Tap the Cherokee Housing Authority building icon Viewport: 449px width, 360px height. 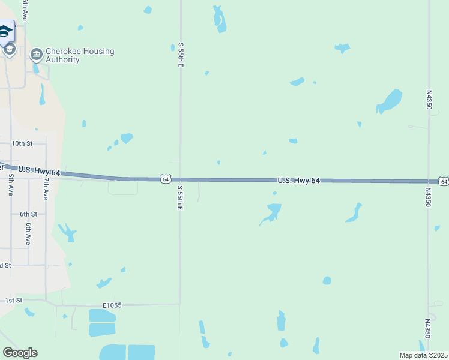pos(37,55)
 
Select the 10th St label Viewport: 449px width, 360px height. pos(22,143)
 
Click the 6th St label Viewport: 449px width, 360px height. pos(28,214)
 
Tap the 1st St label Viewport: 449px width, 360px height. pos(13,300)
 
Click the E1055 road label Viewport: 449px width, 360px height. pos(112,305)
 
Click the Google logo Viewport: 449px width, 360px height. pos(20,353)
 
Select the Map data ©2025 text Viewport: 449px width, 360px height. pos(423,355)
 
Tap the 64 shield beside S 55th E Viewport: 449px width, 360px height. pos(166,179)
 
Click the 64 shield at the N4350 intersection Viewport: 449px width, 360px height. pos(443,181)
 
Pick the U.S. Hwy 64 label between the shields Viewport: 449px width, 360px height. pos(299,180)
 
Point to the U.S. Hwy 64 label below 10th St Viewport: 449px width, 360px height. pos(39,172)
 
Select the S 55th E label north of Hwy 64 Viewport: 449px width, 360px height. pos(180,55)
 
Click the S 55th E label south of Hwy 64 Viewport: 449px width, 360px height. pos(179,197)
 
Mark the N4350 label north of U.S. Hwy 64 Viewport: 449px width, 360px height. pos(429,100)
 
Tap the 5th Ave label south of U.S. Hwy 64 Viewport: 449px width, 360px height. pos(11,185)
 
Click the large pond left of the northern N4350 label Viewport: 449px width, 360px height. pos(390,101)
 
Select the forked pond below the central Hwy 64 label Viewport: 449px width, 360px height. pos(272,212)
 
